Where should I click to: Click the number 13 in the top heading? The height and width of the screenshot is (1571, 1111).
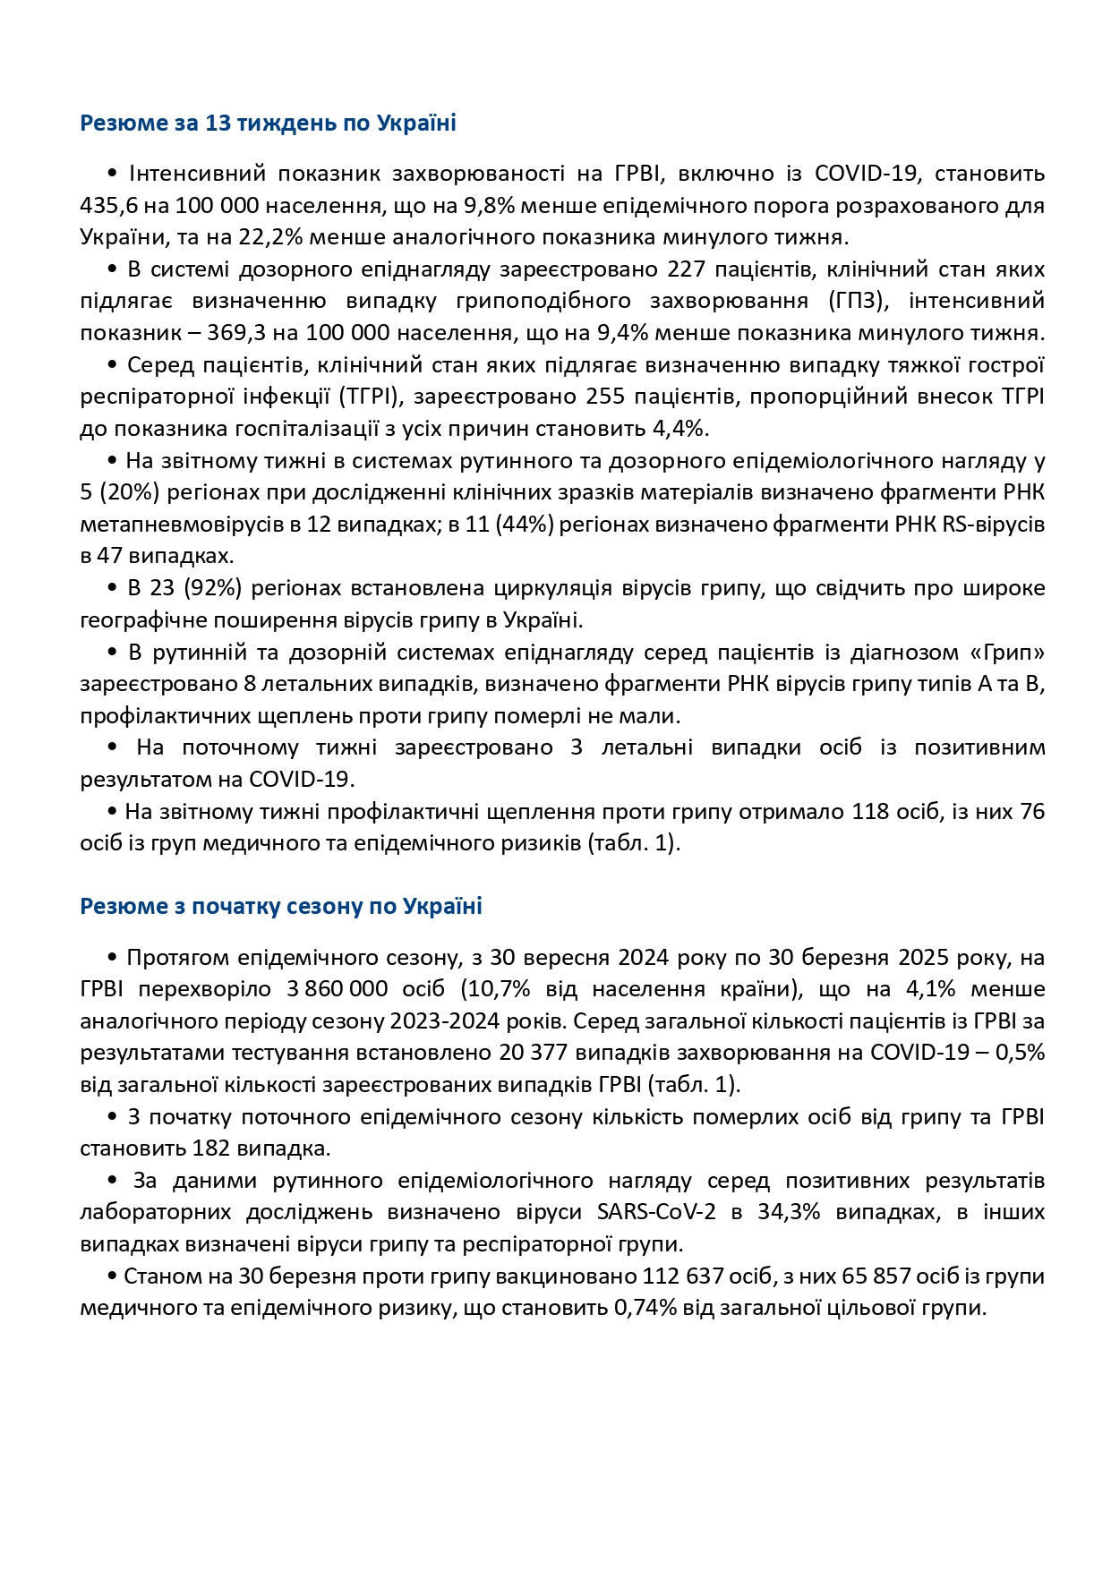coord(218,123)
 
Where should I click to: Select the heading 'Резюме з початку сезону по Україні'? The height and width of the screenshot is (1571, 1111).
coord(281,906)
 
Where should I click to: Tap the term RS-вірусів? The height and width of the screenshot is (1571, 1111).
coord(993,524)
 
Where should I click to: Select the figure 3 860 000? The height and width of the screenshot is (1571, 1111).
coord(338,989)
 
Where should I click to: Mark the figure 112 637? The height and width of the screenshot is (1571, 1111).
coord(681,1276)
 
